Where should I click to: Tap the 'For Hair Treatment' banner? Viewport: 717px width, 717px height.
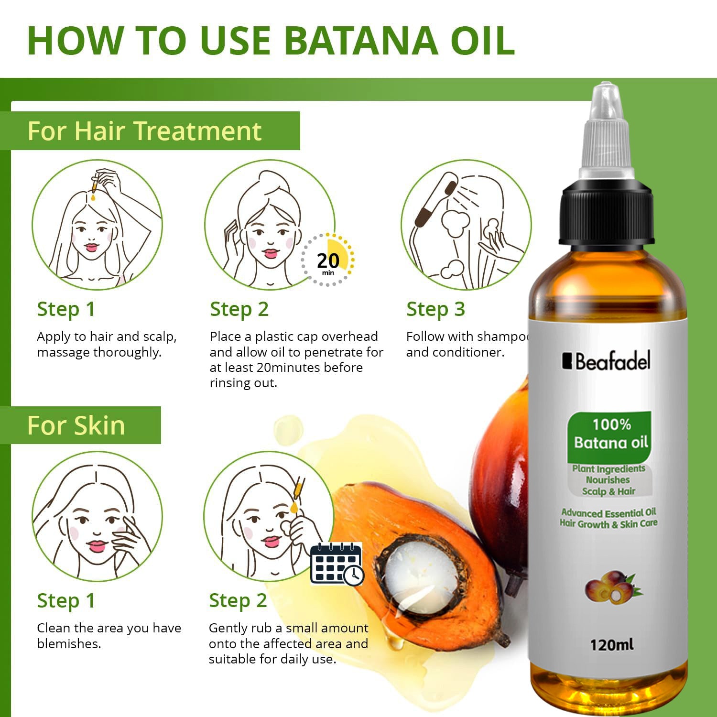pos(144,131)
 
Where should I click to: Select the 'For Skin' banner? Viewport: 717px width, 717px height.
pos(76,425)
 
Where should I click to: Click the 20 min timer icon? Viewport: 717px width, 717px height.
pos(328,261)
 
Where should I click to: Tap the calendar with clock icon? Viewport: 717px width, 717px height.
pos(337,564)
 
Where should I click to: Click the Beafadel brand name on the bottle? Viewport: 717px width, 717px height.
pos(607,361)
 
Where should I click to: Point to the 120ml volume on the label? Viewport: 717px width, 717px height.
pos(611,645)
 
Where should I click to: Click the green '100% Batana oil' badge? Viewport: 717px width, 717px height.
pos(610,434)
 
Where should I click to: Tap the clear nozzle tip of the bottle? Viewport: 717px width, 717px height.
pos(606,103)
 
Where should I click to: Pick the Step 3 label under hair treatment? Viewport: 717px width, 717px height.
pos(435,309)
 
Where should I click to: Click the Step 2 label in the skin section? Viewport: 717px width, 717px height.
pos(238,601)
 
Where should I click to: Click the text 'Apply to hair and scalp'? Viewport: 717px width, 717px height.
pos(107,337)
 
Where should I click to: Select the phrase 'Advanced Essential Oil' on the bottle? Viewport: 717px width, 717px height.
pos(608,513)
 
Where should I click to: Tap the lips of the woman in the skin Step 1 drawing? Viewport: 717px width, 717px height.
pos(97,545)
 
